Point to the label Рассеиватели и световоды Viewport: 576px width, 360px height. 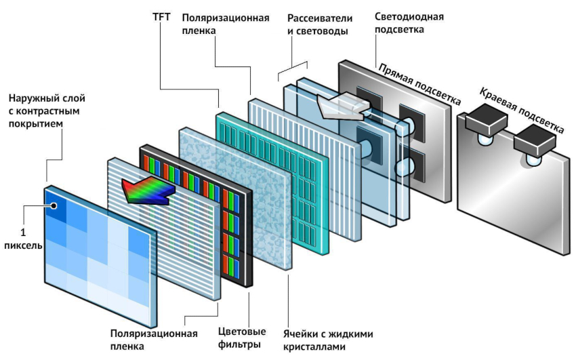318,23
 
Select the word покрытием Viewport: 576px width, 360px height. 35,125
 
